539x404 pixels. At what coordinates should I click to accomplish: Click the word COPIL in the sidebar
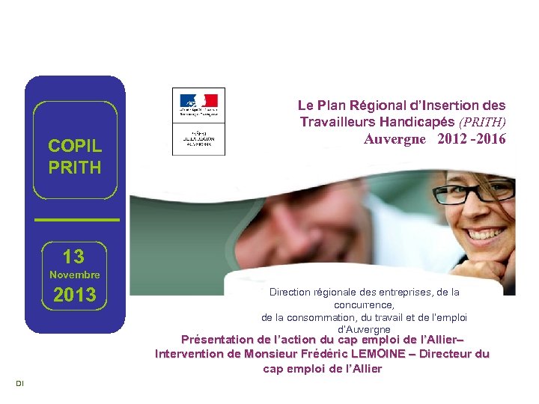(x=74, y=145)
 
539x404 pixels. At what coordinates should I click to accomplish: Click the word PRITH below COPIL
(x=74, y=168)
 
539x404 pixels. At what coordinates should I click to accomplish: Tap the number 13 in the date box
(x=73, y=257)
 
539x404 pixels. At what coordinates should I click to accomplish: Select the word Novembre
(x=74, y=275)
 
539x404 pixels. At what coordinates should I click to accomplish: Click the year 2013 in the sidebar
(x=74, y=296)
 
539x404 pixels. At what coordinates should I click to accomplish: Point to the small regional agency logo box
(x=198, y=140)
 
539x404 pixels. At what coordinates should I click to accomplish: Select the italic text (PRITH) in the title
(x=482, y=122)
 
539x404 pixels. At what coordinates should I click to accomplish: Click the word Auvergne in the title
(x=395, y=139)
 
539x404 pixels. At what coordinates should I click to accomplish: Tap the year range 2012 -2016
(x=472, y=139)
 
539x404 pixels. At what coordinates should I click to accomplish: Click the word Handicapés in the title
(x=418, y=122)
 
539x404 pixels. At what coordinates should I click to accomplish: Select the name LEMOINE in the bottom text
(x=397, y=354)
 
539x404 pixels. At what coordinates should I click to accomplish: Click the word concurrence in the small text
(x=364, y=305)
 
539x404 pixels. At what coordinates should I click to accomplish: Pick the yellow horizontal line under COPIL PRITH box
(x=77, y=219)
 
